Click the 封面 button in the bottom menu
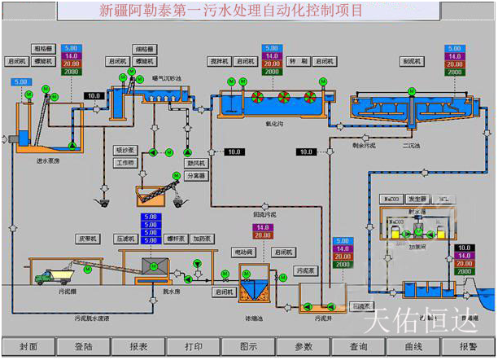[x=28, y=346]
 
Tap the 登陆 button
[x=83, y=346]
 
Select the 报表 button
[x=138, y=346]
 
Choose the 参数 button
[x=304, y=346]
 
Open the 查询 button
[x=359, y=346]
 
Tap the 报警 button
[x=469, y=346]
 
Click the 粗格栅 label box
[x=44, y=49]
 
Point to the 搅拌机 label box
[x=217, y=60]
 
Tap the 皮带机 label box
[x=87, y=239]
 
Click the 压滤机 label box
[x=124, y=239]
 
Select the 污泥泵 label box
[x=305, y=270]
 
